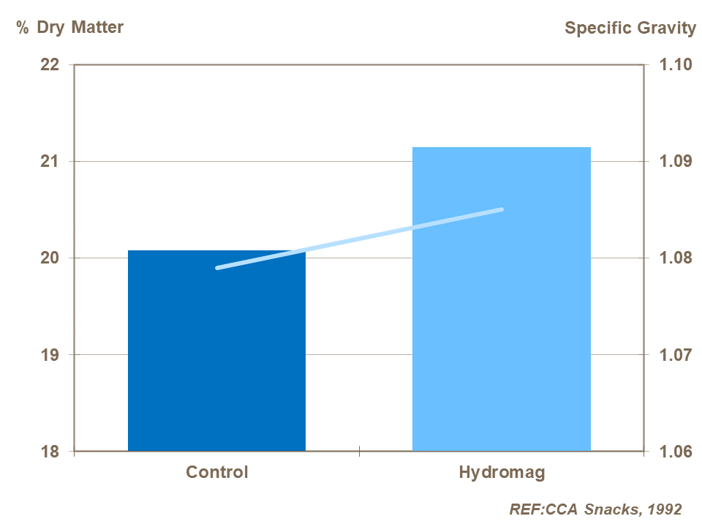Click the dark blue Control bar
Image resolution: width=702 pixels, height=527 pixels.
coord(216,351)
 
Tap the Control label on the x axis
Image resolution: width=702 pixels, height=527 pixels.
coord(217,472)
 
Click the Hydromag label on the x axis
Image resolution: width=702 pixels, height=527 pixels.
coord(502,472)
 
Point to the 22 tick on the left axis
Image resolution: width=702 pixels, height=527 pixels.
coord(49,64)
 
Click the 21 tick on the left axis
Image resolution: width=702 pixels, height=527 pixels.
coord(49,161)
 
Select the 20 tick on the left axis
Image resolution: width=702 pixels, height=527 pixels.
coord(49,258)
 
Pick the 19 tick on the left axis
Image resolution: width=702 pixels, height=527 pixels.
coord(49,355)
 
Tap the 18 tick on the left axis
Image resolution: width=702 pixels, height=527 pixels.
coord(49,452)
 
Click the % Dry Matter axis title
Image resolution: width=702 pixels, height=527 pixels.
coord(69,28)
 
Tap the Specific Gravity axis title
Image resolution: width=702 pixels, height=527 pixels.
coord(630,28)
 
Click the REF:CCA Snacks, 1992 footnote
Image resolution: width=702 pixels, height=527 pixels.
coord(595,509)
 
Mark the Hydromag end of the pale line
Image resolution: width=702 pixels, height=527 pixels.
coord(502,209)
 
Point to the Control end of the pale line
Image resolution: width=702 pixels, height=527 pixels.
coord(218,268)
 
